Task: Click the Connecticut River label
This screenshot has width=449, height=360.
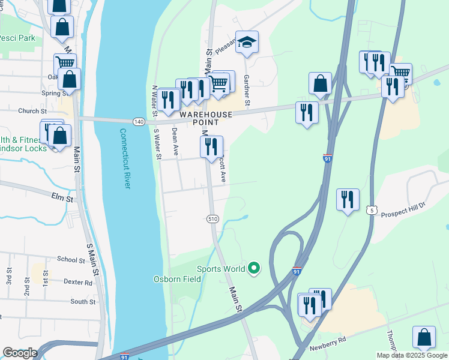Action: (x=125, y=159)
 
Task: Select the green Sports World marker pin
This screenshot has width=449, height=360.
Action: (x=255, y=268)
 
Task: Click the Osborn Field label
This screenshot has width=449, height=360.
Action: (x=176, y=278)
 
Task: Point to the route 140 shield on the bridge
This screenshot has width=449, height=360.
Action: (x=139, y=122)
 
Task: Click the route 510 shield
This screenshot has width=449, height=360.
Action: (x=212, y=219)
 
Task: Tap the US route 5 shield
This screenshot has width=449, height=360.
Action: (x=372, y=209)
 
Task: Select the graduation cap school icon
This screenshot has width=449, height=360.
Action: (x=246, y=43)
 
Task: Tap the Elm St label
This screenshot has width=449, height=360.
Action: (x=61, y=196)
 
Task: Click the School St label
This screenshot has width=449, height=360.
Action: (x=71, y=260)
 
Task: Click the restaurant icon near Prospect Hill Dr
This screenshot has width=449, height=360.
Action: (x=348, y=199)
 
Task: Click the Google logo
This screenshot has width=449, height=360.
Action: (x=19, y=353)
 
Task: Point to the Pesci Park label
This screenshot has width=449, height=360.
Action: (x=17, y=38)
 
